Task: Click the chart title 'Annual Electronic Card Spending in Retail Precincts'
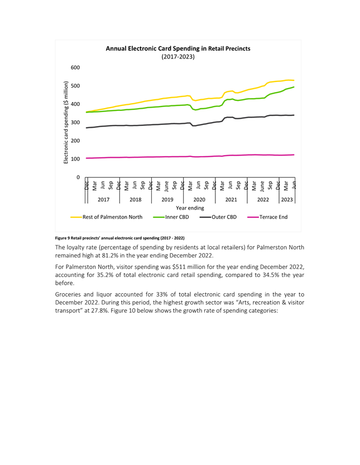[x=178, y=49]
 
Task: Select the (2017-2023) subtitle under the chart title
[x=178, y=57]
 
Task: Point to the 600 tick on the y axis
[x=75, y=67]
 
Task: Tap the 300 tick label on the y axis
[x=75, y=123]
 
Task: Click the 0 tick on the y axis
[x=78, y=177]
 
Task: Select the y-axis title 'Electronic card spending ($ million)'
[x=66, y=122]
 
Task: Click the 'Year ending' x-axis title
[x=190, y=208]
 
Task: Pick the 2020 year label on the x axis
[x=199, y=200]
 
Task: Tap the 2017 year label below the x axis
[x=104, y=200]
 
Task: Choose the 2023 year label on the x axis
[x=287, y=200]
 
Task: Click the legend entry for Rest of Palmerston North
[x=107, y=217]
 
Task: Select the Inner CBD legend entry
[x=171, y=217]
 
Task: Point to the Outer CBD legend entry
[x=218, y=217]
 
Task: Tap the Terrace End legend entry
[x=267, y=217]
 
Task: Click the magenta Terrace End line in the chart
[x=190, y=156]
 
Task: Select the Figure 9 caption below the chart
[x=119, y=238]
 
